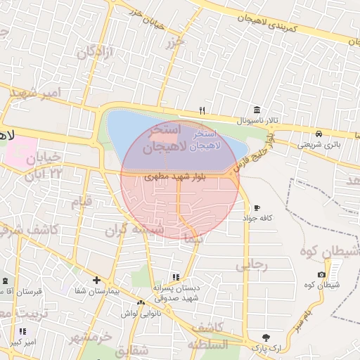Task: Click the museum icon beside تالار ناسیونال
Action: [257, 110]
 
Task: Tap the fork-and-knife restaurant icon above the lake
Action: [202, 110]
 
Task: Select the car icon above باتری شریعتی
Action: [319, 134]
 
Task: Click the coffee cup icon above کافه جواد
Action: [257, 208]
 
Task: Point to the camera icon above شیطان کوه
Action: [321, 274]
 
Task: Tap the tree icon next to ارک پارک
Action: [266, 337]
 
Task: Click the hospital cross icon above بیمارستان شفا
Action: [96, 279]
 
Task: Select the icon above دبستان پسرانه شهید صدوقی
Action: [176, 278]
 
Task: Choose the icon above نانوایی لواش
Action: [141, 303]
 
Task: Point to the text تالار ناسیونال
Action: [257, 121]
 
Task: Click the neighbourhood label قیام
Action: [81, 203]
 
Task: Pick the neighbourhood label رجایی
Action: [251, 265]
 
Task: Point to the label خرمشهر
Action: [91, 337]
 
